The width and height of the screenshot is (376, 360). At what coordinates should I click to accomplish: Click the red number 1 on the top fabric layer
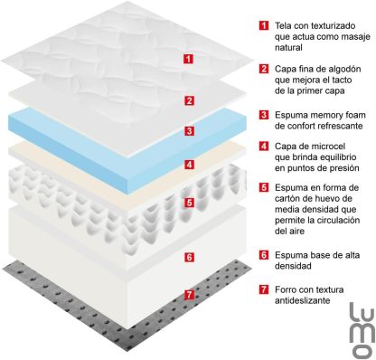coord(189,59)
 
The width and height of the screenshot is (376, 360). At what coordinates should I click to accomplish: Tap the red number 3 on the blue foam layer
coord(189,131)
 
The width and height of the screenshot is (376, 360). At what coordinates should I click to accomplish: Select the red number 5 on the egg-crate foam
coord(189,203)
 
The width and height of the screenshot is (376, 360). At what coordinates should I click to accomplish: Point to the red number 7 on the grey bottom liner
coord(189,294)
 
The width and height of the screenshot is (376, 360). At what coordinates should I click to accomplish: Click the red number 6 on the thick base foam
coord(189,257)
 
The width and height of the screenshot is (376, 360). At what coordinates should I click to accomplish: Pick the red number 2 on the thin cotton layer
coord(189,100)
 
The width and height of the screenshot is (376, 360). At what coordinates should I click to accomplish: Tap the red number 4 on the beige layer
coord(189,165)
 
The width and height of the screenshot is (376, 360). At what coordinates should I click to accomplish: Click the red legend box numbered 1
coord(264,25)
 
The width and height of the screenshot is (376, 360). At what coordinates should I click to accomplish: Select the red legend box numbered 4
coord(264,147)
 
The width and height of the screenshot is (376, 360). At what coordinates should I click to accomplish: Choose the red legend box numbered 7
coord(264,289)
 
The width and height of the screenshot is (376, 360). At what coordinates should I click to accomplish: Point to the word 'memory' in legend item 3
coord(326,116)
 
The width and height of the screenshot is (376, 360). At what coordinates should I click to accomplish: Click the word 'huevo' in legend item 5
coord(330,199)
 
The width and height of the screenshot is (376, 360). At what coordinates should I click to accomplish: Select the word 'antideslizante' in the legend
coord(302,300)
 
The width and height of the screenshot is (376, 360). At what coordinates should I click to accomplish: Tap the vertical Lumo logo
coord(362,330)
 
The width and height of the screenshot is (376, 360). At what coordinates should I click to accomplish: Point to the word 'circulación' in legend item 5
coord(338,220)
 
